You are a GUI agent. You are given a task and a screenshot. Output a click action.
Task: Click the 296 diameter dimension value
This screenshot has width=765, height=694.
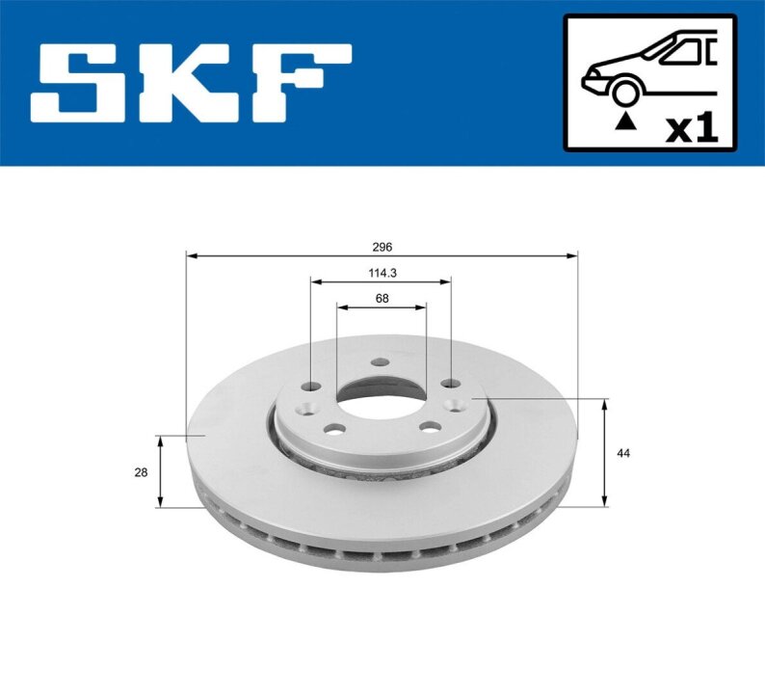click(x=382, y=248)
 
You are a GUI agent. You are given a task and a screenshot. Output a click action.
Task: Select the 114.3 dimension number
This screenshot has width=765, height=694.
click(x=382, y=274)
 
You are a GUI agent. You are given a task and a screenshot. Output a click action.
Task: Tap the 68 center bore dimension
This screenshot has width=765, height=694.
click(x=382, y=298)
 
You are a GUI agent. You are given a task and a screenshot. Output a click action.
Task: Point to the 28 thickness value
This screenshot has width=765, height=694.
click(x=141, y=472)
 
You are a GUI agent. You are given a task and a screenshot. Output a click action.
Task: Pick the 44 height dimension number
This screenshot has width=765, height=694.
click(x=623, y=453)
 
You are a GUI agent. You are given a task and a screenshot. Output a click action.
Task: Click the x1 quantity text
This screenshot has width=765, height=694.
click(x=693, y=129)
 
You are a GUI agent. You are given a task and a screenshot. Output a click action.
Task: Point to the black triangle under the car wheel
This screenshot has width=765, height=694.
click(x=626, y=121)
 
